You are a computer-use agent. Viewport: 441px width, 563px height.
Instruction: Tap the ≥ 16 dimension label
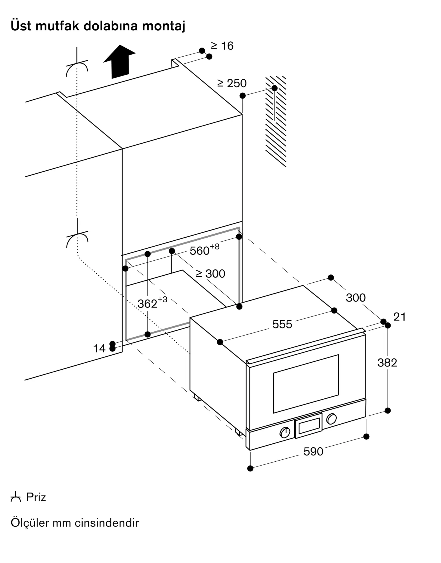pyautogui.click(x=222, y=46)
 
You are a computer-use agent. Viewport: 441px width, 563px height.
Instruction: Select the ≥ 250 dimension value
pyautogui.click(x=232, y=83)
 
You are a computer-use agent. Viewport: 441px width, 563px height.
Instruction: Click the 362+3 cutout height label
pyautogui.click(x=152, y=303)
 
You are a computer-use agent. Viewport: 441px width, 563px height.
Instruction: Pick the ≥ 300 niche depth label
pyautogui.click(x=211, y=274)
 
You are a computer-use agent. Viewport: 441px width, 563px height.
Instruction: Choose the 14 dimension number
pyautogui.click(x=99, y=348)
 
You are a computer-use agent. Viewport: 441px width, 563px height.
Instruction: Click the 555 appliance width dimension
pyautogui.click(x=282, y=324)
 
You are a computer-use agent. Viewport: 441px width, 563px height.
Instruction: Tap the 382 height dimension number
pyautogui.click(x=387, y=363)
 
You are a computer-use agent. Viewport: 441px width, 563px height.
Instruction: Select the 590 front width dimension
pyautogui.click(x=313, y=452)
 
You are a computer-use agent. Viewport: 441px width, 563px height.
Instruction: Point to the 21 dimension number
pyautogui.click(x=400, y=317)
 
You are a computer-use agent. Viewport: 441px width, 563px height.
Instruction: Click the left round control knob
pyautogui.click(x=285, y=432)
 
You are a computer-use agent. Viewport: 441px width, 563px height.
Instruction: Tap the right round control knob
pyautogui.click(x=331, y=419)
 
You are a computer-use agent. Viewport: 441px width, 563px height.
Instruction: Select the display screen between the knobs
pyautogui.click(x=309, y=426)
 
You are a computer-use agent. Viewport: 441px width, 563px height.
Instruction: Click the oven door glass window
pyautogui.click(x=306, y=384)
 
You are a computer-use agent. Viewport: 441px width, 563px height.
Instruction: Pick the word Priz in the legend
pyautogui.click(x=36, y=497)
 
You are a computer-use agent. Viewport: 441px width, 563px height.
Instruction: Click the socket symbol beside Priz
pyautogui.click(x=16, y=497)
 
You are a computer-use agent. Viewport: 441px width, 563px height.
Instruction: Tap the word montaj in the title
pyautogui.click(x=164, y=26)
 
